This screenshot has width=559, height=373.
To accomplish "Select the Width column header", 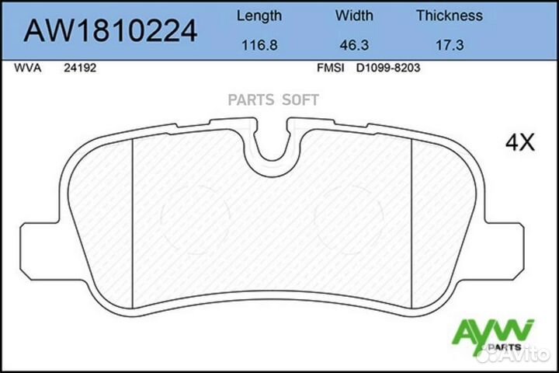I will coord(354,16).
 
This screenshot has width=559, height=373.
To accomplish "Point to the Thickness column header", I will coord(449,16).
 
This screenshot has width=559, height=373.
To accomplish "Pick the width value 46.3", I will coord(354,46).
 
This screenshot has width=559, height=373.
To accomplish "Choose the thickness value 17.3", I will coord(449,46).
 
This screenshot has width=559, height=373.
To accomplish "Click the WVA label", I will coord(26,68).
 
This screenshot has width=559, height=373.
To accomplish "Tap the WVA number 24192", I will coord(79,68).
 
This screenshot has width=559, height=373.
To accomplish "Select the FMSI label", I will coord(329,68).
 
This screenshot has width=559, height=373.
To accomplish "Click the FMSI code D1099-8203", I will coord(388,68).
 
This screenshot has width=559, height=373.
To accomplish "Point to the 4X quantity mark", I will coord(520,141).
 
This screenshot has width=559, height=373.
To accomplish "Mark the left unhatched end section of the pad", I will coord(101,218).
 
